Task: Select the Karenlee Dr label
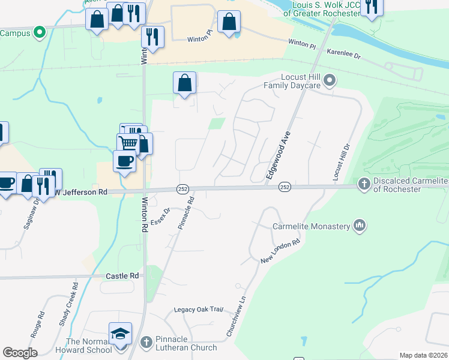343,55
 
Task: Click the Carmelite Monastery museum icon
360,226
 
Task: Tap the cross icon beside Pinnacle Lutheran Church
146,342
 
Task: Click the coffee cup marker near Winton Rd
124,161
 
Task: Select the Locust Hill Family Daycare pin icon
329,80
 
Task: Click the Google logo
20,353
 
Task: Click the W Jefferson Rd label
81,193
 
